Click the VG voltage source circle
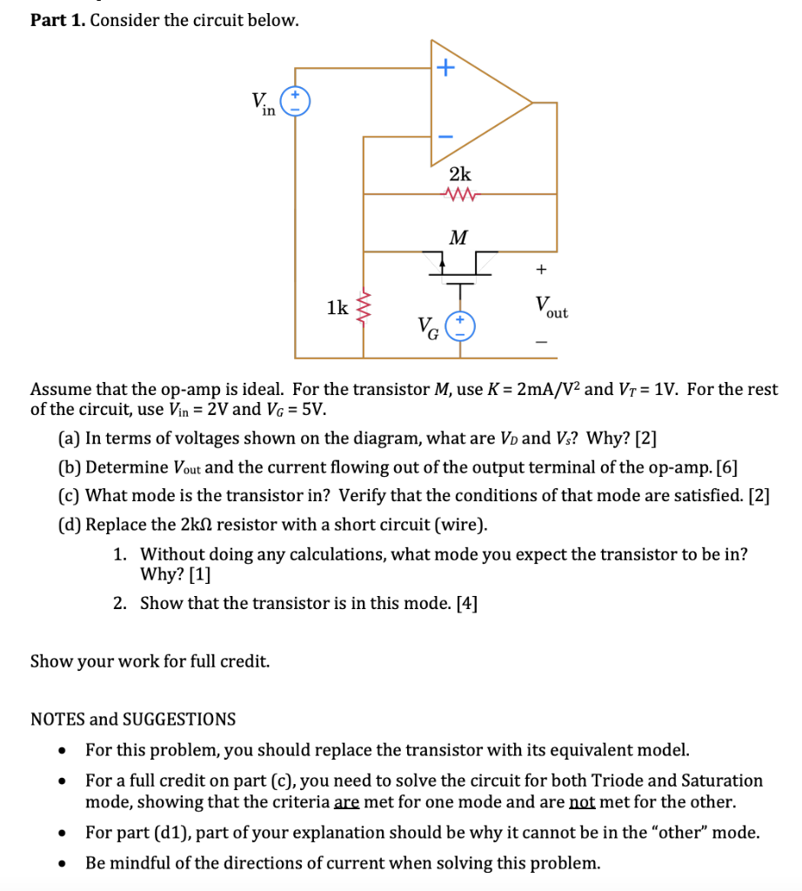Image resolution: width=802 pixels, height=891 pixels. pos(460,327)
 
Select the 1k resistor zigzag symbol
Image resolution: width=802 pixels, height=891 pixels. pos(364,306)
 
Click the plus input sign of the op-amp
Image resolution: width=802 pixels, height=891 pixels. pos(444,68)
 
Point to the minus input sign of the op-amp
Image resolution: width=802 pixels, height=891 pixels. pos(444,137)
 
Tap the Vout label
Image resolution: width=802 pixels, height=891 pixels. pos(551,307)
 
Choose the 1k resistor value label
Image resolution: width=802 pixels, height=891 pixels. pos(337,306)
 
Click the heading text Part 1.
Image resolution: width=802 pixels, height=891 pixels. pos(57,20)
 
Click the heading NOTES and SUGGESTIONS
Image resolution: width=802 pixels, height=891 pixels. pos(133,719)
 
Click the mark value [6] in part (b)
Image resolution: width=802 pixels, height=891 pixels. pos(726,467)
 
